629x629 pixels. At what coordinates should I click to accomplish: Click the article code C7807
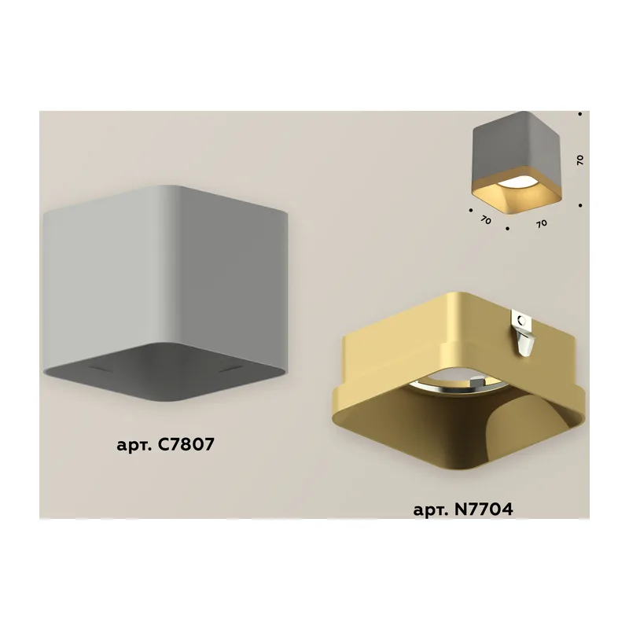(186, 444)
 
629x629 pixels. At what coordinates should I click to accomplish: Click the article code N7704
(484, 509)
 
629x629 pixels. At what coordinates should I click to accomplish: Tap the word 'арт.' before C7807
(134, 446)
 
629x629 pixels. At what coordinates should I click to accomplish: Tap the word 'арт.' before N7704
(431, 510)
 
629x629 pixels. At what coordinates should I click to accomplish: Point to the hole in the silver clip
(521, 321)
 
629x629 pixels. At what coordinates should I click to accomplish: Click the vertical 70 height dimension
(580, 160)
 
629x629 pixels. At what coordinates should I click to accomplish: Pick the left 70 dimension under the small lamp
(486, 220)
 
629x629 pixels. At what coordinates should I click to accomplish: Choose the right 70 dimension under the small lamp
(542, 223)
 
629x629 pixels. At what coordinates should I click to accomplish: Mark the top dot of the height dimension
(580, 114)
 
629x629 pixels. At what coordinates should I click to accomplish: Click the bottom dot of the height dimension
(580, 205)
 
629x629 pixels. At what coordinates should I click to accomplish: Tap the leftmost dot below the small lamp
(470, 210)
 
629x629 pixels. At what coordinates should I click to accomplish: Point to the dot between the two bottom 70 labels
(508, 229)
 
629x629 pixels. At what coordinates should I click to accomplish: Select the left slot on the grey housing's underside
(101, 368)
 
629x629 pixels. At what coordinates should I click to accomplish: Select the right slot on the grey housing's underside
(231, 369)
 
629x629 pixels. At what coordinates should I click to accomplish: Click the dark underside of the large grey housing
(165, 371)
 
